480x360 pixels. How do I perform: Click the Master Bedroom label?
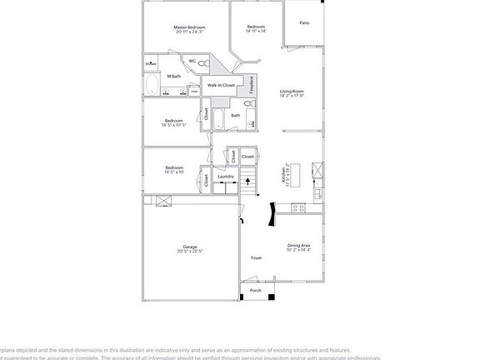189,27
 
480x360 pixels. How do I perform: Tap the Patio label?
304,23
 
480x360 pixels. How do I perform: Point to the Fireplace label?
252,85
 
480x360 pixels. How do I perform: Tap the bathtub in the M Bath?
152,85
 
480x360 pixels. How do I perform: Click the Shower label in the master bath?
151,63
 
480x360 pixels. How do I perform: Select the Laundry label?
225,177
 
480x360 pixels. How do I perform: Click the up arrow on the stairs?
247,180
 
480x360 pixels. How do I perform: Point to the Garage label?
190,247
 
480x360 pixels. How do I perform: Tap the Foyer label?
257,257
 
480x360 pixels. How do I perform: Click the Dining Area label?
298,245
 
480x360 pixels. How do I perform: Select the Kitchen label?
283,174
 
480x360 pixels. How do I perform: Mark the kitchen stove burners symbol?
317,197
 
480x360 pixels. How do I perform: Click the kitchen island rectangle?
317,171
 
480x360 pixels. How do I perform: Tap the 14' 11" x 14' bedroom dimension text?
256,32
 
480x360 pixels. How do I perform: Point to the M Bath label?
173,77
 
